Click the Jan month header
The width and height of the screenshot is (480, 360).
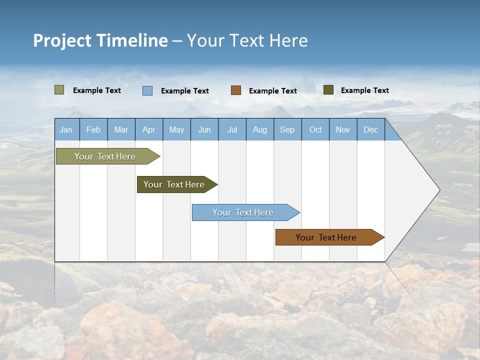(66, 129)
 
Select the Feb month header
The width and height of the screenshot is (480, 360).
(93, 129)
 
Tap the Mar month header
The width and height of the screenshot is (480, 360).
(121, 129)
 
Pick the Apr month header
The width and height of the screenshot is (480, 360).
(148, 129)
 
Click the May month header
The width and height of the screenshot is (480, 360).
(176, 129)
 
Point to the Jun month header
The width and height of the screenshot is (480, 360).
(204, 129)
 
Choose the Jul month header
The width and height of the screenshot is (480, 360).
(232, 129)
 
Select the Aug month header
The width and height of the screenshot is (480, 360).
(259, 129)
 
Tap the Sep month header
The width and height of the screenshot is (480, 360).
(287, 129)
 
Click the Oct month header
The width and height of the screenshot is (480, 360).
(315, 129)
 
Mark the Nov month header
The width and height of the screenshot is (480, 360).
(343, 129)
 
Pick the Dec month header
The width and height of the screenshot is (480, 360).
(370, 129)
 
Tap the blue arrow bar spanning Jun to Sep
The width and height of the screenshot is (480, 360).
(243, 212)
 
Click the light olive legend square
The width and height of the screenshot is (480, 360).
(59, 90)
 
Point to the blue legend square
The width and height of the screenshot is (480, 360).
(147, 90)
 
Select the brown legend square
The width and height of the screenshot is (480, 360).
(235, 90)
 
